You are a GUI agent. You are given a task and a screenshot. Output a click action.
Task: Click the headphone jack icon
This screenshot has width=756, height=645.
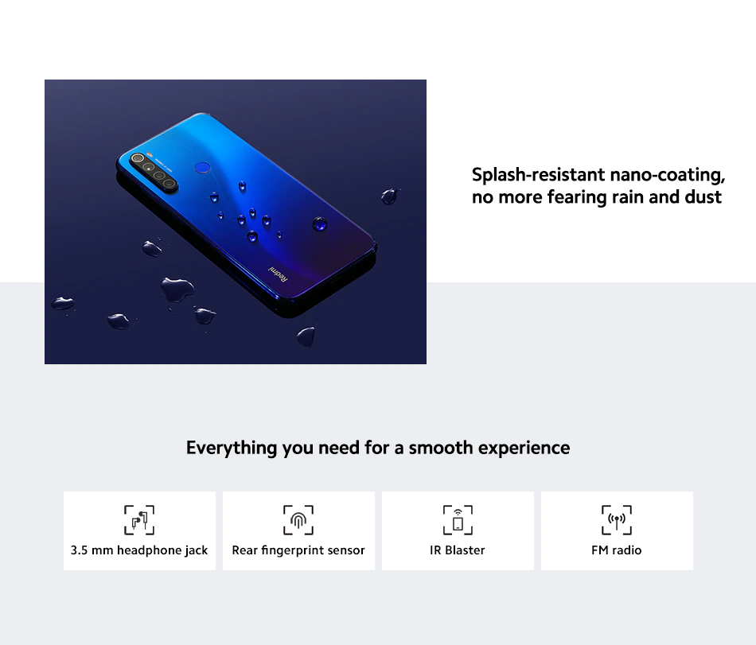click(139, 520)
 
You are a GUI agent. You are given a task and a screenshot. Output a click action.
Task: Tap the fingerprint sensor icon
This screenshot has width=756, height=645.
click(298, 520)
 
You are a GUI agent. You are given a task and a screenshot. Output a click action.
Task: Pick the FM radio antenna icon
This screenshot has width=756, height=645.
click(617, 520)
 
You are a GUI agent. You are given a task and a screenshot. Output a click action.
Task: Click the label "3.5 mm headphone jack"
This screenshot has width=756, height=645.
click(139, 550)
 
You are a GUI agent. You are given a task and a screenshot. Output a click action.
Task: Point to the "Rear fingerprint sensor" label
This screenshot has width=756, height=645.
click(298, 550)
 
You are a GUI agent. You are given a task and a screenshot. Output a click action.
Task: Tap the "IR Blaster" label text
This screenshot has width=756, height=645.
click(458, 550)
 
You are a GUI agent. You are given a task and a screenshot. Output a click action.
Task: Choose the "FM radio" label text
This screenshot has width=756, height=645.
click(617, 550)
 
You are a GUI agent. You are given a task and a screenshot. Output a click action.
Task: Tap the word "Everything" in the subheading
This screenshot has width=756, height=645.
click(232, 448)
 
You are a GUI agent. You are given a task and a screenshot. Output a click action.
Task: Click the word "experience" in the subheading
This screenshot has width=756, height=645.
click(524, 449)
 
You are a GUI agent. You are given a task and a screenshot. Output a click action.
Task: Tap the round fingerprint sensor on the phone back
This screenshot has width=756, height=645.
click(202, 167)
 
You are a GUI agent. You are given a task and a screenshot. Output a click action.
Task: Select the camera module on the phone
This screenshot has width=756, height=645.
click(154, 172)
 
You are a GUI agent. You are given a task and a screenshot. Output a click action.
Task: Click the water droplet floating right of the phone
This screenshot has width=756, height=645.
click(389, 196)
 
